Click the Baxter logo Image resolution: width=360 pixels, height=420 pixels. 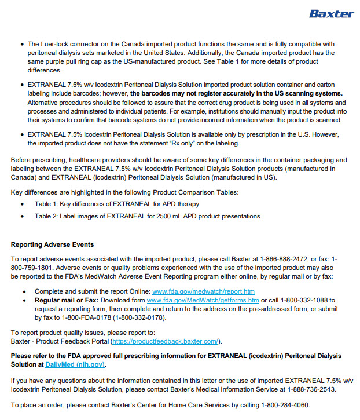331,13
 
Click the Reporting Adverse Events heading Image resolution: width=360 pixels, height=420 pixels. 52,244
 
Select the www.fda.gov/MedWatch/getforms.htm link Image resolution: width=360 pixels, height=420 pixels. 203,300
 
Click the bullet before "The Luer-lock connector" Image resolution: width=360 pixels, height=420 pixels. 21,44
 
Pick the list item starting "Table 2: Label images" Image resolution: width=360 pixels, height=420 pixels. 147,216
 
